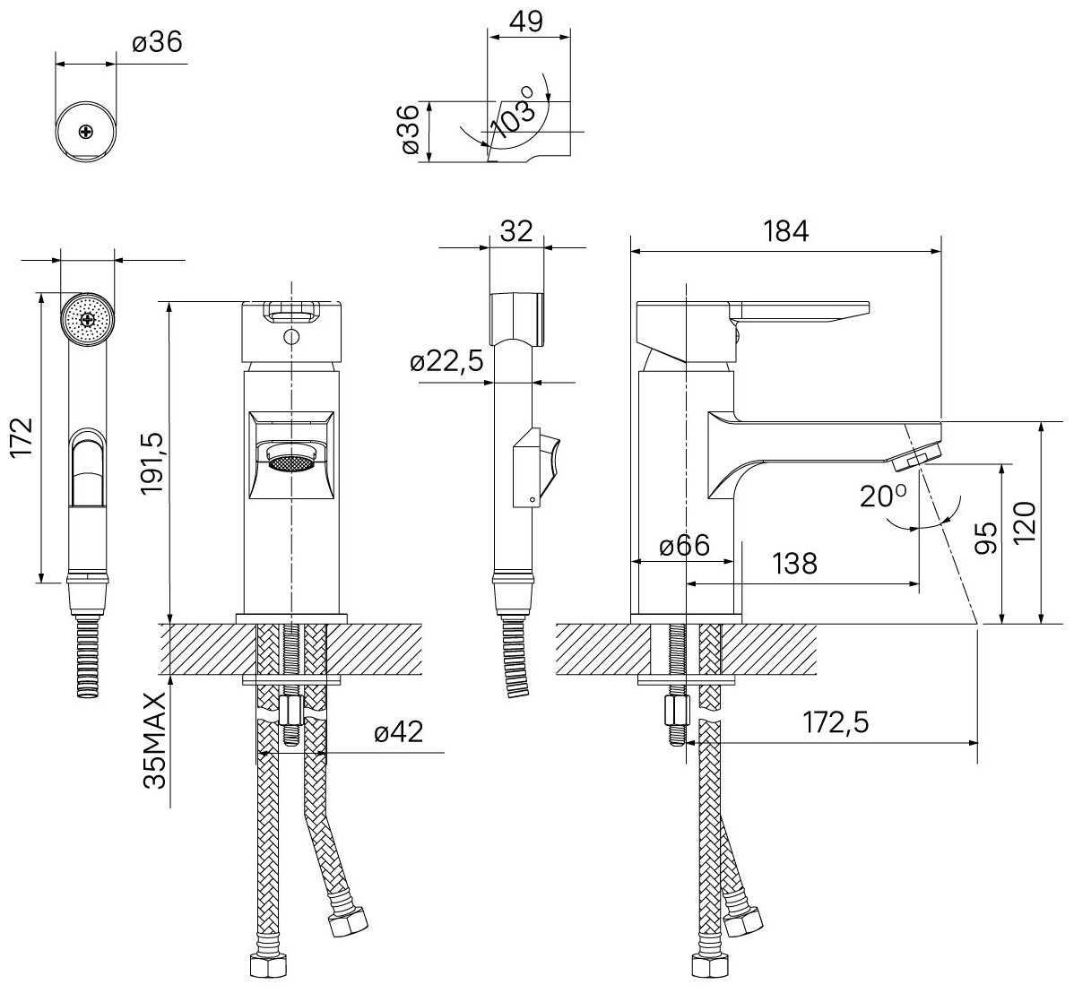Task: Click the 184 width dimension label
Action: [x=785, y=231]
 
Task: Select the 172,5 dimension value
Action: [x=835, y=721]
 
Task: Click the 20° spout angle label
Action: [x=883, y=495]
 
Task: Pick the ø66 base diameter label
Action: [x=684, y=545]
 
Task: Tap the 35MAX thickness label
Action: [x=156, y=740]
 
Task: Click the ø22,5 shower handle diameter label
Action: [x=447, y=360]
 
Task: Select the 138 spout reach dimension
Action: [x=794, y=564]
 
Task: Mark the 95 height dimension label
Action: [x=987, y=538]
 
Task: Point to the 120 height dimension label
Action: [x=1026, y=522]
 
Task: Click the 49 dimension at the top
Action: [x=527, y=22]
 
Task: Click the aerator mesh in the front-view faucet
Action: [x=291, y=462]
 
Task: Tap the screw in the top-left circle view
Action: [x=86, y=132]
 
